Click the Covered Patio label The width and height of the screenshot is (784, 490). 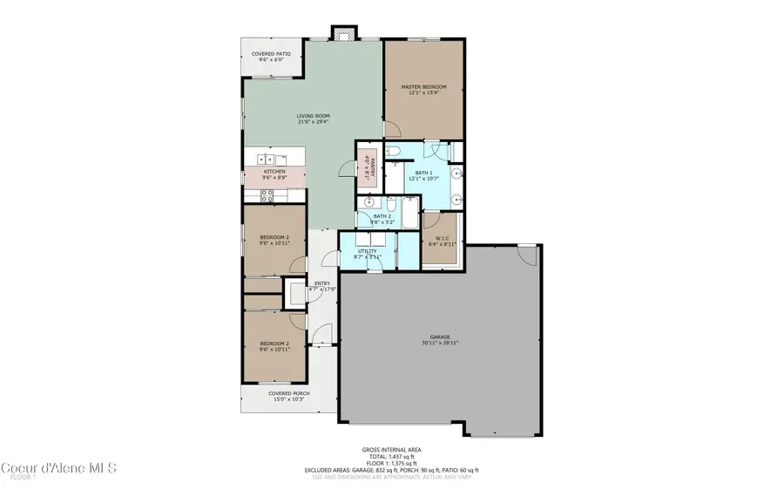tap(271, 54)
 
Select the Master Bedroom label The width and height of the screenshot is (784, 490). tap(423, 87)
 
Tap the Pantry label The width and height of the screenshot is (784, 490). tap(368, 166)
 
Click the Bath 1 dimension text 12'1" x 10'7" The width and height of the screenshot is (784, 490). tap(423, 179)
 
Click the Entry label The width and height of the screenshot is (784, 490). tap(321, 283)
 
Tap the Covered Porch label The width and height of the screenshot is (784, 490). tap(288, 393)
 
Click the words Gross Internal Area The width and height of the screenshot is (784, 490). tap(390, 450)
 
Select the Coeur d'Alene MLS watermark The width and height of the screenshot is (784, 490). tap(58, 467)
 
